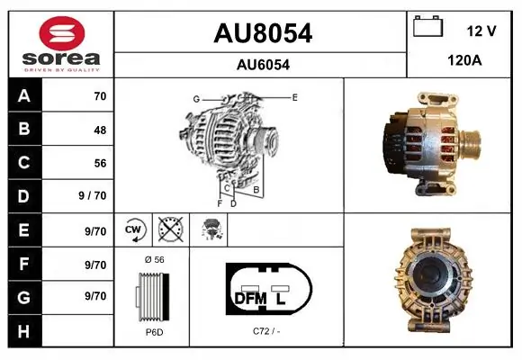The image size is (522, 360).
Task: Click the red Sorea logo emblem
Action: (x=62, y=33)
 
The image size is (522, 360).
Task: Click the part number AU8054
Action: (x=263, y=33)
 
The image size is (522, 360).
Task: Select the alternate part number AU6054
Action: (x=263, y=65)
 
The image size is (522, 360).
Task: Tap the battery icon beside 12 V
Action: (x=427, y=26)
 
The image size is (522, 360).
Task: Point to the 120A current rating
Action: (x=464, y=60)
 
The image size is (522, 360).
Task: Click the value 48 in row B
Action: (x=100, y=130)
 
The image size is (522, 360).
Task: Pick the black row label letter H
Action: (x=24, y=331)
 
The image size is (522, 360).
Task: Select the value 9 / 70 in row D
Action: (x=92, y=195)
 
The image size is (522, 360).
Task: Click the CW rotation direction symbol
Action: (x=133, y=229)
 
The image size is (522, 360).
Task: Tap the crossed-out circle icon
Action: (x=170, y=229)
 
